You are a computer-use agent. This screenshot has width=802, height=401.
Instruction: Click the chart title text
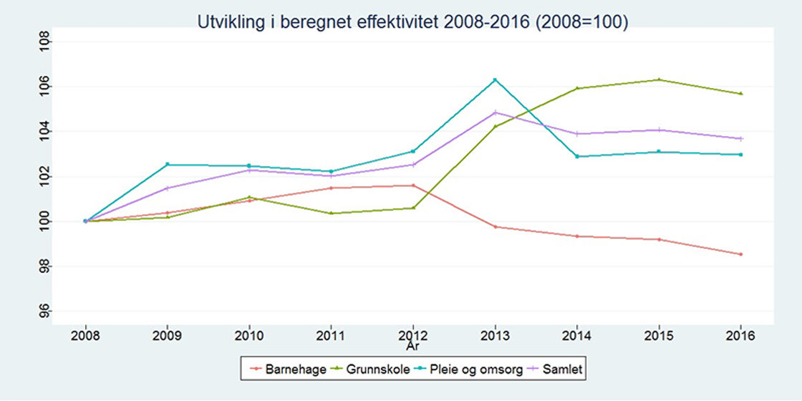pyautogui.click(x=412, y=23)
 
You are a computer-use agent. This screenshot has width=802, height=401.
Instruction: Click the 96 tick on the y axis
pyautogui.click(x=44, y=311)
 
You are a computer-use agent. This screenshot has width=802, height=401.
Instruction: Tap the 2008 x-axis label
pyautogui.click(x=85, y=336)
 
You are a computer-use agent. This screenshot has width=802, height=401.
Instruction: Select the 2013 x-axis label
pyautogui.click(x=495, y=336)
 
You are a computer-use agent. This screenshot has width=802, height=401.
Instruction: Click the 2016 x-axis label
pyautogui.click(x=741, y=336)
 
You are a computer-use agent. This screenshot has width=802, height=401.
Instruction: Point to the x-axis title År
pyautogui.click(x=413, y=347)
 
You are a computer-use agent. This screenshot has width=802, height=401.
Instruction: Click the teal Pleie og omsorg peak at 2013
pyautogui.click(x=495, y=79)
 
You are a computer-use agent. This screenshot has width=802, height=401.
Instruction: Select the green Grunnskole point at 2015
pyautogui.click(x=659, y=79)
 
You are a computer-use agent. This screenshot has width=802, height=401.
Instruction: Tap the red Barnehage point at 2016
pyautogui.click(x=741, y=254)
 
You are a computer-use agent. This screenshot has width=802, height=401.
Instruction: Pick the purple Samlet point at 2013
pyautogui.click(x=495, y=112)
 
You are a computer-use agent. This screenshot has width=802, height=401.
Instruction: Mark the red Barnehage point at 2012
pyautogui.click(x=413, y=185)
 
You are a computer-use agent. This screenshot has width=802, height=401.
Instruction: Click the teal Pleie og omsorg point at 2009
pyautogui.click(x=168, y=164)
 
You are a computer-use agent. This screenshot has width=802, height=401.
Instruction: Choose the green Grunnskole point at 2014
pyautogui.click(x=577, y=88)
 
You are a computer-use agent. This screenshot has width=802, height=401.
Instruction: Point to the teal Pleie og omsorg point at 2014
pyautogui.click(x=577, y=156)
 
